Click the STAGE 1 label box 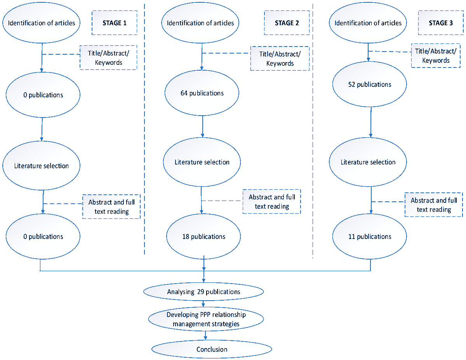point(114,23)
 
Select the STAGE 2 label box point(287,23)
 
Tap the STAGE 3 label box point(440,23)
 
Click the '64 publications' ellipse point(202,93)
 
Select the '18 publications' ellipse point(203,236)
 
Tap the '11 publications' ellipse point(370,236)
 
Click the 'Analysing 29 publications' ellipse point(203,292)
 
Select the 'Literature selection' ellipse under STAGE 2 point(202,162)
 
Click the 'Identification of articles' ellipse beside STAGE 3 point(368,23)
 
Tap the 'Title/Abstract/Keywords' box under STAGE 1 point(108,57)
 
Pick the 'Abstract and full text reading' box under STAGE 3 point(434,205)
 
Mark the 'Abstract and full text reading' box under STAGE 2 point(272,202)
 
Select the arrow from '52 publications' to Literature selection point(371,122)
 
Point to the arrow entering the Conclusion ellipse point(205,336)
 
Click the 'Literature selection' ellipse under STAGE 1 point(42,166)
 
